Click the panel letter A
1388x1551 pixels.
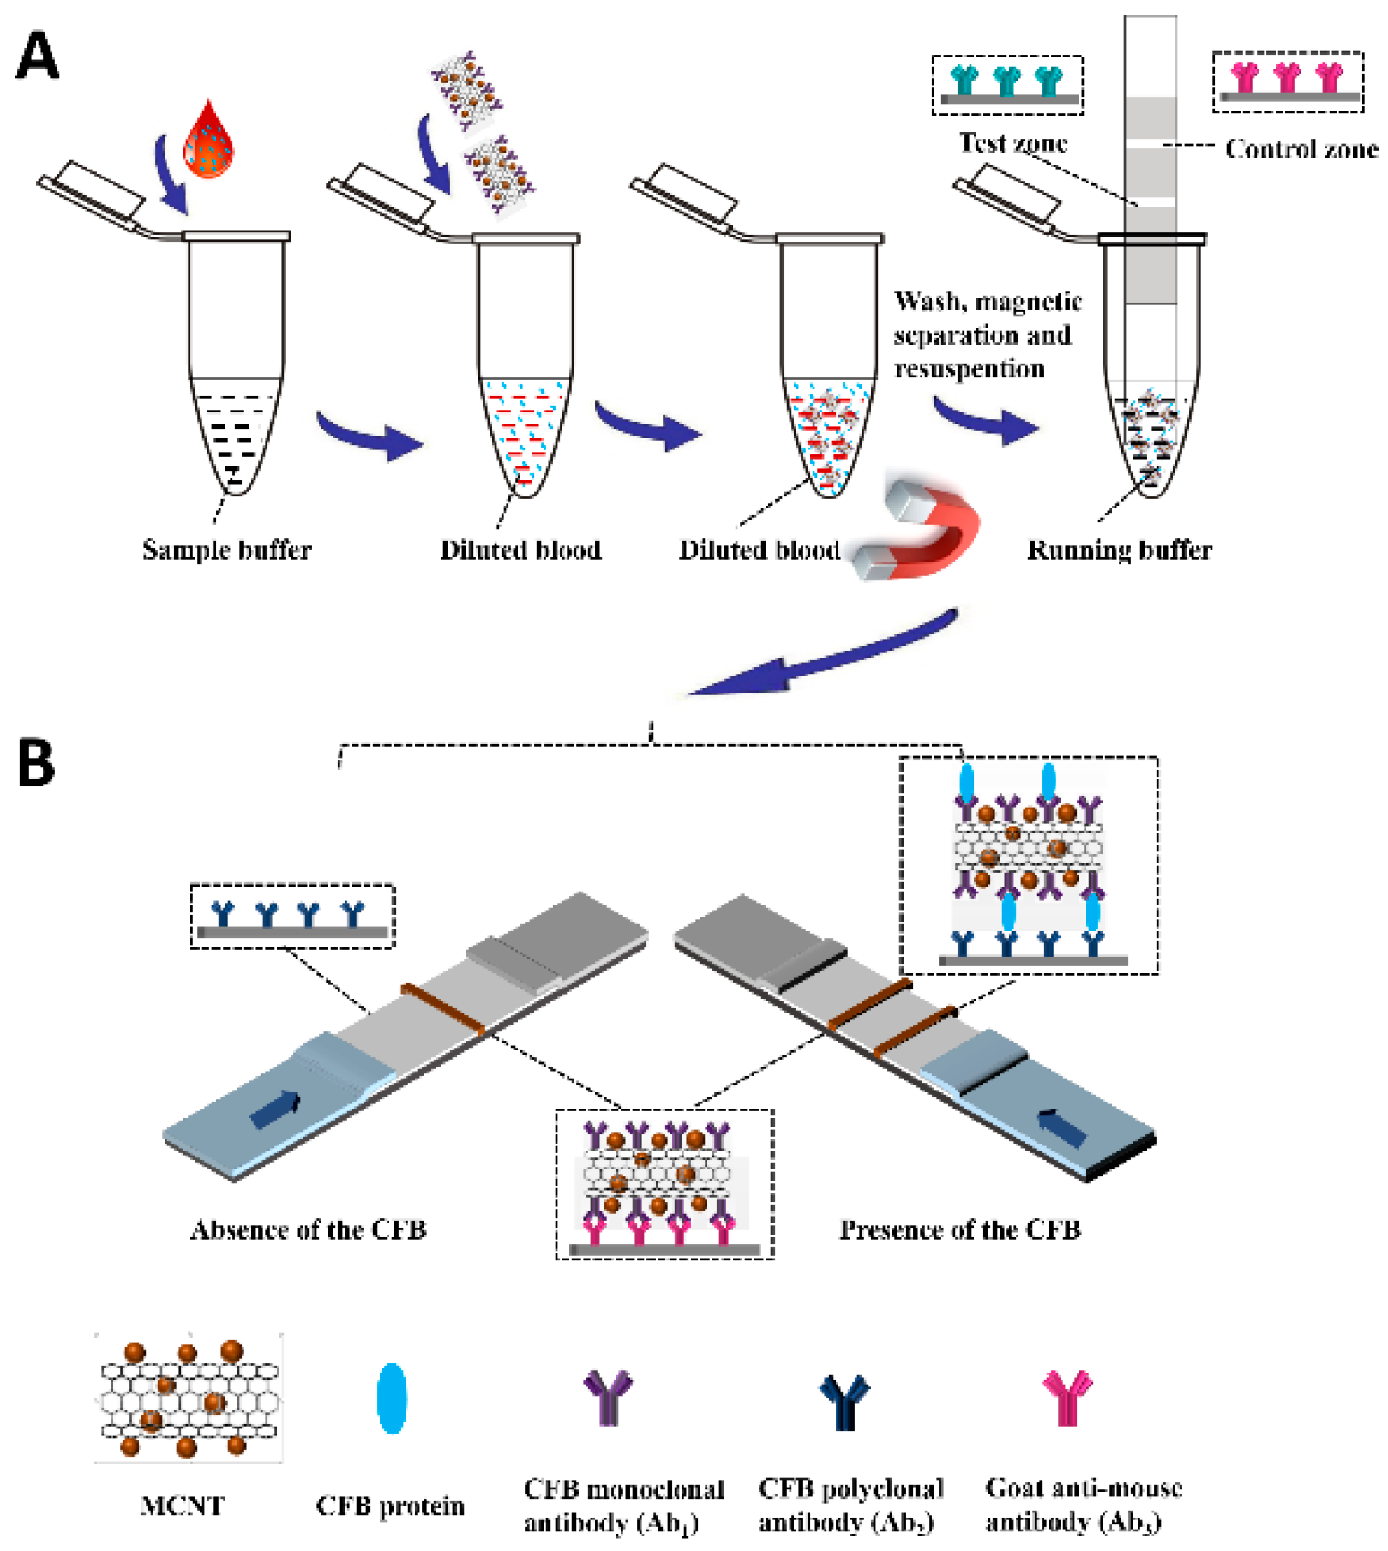tap(37, 57)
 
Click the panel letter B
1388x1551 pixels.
tap(36, 762)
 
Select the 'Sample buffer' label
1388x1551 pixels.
tap(226, 550)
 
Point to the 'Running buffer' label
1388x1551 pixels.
tap(1120, 550)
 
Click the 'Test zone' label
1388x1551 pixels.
tap(1013, 142)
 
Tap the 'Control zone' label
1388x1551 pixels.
tap(1301, 149)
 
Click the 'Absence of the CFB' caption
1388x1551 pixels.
tap(309, 1229)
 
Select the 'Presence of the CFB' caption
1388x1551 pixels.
tap(959, 1229)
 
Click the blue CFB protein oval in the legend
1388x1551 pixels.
tap(392, 1398)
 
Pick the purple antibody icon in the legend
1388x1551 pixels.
tap(608, 1397)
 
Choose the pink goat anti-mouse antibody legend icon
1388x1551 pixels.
tap(1067, 1397)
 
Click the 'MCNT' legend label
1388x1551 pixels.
tap(183, 1506)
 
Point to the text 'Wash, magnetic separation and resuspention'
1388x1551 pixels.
tap(988, 334)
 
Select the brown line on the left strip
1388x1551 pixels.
tap(443, 1009)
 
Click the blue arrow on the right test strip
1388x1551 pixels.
tap(1061, 1127)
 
